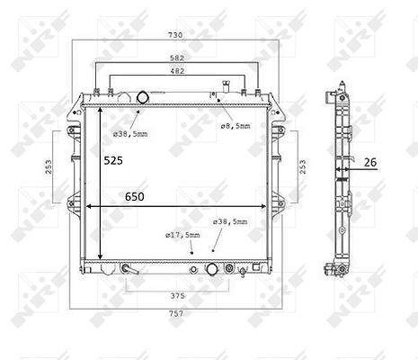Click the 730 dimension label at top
coord(175,35)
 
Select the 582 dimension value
coord(177,58)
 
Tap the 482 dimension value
coord(177,71)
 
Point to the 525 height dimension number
coord(113,161)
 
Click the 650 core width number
coord(135,197)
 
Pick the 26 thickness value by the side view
coord(370,162)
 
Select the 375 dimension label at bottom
coord(177,296)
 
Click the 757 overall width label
coord(176,314)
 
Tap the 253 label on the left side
coord(49,166)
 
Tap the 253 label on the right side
coord(303,166)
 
